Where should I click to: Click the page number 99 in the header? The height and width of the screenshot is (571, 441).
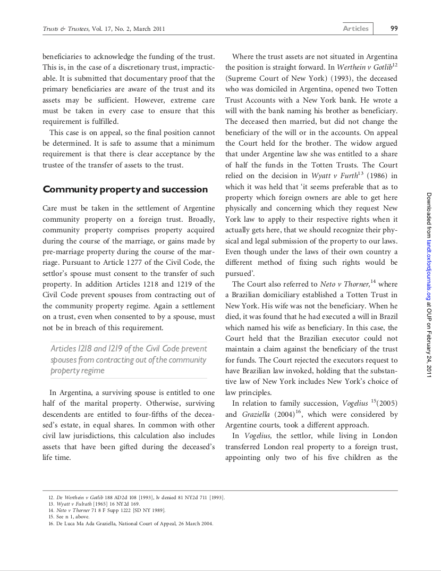394,29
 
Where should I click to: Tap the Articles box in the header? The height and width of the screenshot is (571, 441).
355,29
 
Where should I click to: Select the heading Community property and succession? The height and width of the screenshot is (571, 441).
125,189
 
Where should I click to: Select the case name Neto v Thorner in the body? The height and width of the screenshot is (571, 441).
344,284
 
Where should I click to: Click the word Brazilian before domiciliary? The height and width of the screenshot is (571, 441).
252,295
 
